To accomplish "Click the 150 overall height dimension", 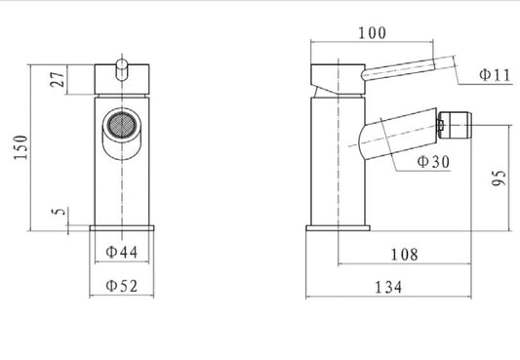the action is point(20,147).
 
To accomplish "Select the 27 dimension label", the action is point(58,79).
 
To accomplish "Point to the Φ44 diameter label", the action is point(121,252).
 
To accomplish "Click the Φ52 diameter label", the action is point(121,286).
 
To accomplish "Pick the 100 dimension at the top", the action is point(372,33).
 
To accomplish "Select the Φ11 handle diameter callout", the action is point(495,75).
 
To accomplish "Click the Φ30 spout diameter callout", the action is point(433,161).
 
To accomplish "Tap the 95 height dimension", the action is point(500,178).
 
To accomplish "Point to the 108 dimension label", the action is point(404,255).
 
